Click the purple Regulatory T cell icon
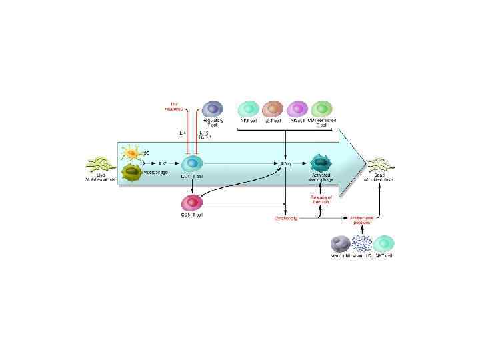(212, 109)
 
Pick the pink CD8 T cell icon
(192, 202)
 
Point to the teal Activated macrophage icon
(321, 163)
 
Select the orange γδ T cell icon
(273, 109)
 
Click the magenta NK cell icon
(297, 109)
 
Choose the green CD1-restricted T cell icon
(322, 109)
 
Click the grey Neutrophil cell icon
(341, 244)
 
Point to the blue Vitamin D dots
(362, 243)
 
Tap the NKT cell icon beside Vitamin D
(383, 244)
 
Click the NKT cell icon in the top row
(249, 109)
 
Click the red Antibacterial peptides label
(362, 220)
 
